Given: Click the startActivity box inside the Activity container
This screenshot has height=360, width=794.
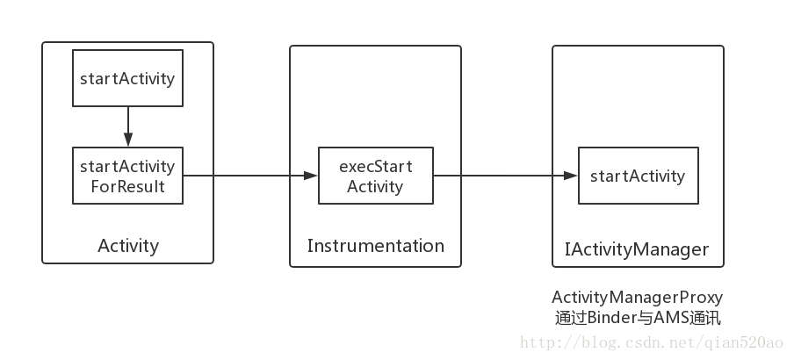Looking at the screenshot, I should click(127, 78).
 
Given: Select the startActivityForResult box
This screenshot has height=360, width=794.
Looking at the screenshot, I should click(127, 176).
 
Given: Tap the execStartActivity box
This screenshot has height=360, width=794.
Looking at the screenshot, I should click(375, 176).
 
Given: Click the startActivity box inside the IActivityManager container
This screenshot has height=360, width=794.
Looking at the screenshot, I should click(638, 176).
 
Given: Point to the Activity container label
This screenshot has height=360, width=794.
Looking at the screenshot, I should click(128, 246).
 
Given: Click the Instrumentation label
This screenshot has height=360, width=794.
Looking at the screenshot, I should click(375, 246).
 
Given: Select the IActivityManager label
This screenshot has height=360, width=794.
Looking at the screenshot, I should click(636, 249).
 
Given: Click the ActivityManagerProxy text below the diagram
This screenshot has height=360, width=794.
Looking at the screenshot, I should click(637, 298).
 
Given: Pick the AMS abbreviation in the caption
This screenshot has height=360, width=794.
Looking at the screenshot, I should click(668, 317).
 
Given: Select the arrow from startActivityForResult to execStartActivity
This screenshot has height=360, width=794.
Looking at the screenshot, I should click(246, 176).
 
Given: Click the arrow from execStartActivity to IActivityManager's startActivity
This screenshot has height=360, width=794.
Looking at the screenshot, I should click(501, 176).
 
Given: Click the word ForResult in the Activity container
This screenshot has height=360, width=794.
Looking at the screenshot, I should click(128, 186).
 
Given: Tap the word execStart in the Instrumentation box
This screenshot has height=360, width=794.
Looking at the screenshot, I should click(376, 166).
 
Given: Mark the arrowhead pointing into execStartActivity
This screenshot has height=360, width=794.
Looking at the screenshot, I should click(310, 176).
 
